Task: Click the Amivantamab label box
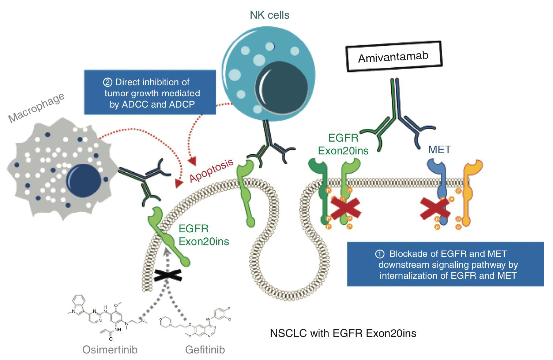(x=394, y=57)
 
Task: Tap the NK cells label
(x=270, y=15)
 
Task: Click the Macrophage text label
(x=37, y=107)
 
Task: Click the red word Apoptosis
(x=211, y=170)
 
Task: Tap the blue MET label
(x=439, y=150)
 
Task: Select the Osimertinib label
(x=110, y=349)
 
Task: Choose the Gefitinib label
(x=205, y=349)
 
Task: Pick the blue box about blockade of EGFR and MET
(x=445, y=264)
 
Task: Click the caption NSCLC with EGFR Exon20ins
(x=343, y=333)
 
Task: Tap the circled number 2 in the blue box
(x=108, y=82)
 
